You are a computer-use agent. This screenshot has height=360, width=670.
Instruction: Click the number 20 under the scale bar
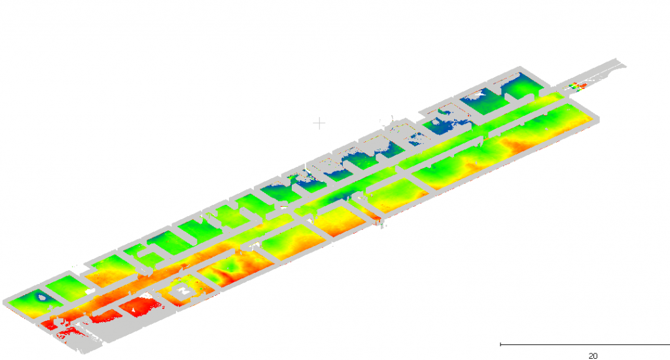pyautogui.click(x=593, y=355)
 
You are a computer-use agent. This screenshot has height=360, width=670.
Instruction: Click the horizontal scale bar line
pyautogui.click(x=585, y=344)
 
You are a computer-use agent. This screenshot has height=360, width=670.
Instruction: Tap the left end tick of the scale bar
pyautogui.click(x=501, y=344)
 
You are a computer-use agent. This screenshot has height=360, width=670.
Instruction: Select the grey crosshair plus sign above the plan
pyautogui.click(x=319, y=124)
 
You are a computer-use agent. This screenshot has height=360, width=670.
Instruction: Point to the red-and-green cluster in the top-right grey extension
pyautogui.click(x=577, y=86)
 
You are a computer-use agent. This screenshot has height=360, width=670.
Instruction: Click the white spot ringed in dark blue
pyautogui.click(x=41, y=297)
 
